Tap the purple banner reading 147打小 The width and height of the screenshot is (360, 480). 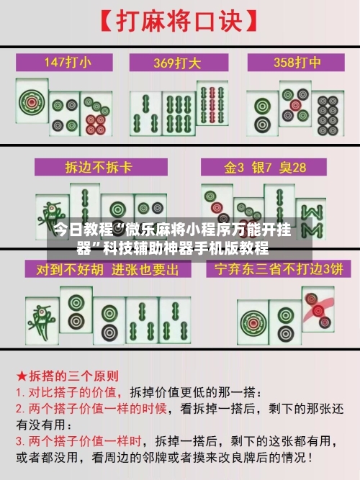pyautogui.click(x=67, y=62)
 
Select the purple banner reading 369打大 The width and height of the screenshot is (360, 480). pyautogui.click(x=180, y=62)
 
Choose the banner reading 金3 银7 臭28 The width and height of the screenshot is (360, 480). pyautogui.click(x=265, y=168)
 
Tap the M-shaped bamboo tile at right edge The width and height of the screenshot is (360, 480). pyautogui.click(x=312, y=216)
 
